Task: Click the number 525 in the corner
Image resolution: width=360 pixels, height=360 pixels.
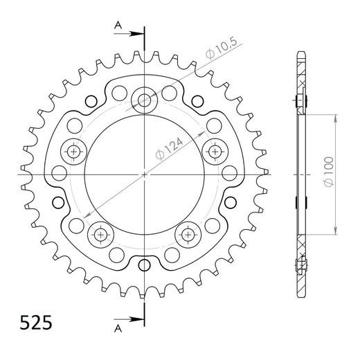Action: point(33,323)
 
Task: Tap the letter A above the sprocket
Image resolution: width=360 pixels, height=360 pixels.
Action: point(118,25)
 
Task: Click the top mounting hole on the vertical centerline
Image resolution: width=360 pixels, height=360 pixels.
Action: point(145,101)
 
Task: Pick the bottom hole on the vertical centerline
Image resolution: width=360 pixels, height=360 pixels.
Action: point(145,265)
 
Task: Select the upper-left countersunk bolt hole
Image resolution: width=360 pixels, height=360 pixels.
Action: point(73,150)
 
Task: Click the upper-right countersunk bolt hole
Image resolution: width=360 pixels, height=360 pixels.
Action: point(216,150)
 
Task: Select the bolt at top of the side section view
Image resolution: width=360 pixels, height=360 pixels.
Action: point(303,100)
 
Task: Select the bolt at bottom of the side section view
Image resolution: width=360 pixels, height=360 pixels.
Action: point(302,265)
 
